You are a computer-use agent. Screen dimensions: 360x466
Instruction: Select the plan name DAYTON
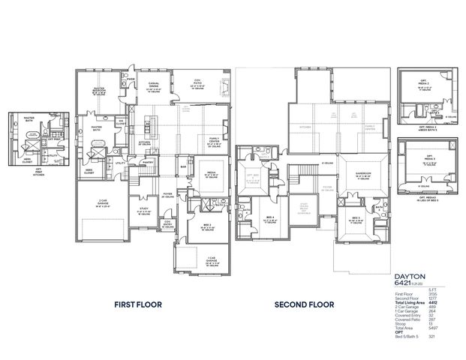[409, 277]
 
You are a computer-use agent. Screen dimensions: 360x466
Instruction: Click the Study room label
[143, 211]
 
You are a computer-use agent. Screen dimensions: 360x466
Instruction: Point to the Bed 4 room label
[248, 217]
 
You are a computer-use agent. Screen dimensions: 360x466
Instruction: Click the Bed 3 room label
[355, 217]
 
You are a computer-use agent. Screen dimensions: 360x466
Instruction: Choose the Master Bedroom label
[97, 90]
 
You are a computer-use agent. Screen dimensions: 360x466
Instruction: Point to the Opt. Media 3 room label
[425, 160]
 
